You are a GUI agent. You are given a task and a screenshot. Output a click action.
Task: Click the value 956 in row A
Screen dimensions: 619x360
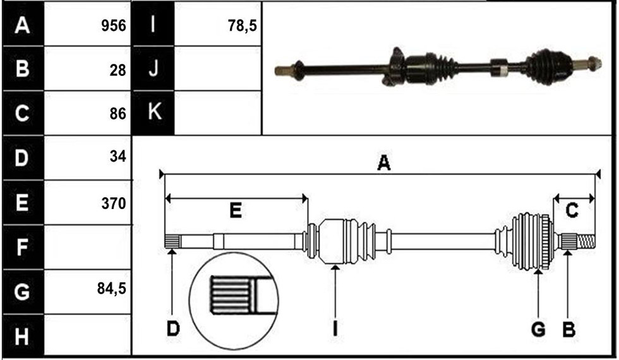[114, 26]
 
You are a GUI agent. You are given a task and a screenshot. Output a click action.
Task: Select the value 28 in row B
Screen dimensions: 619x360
[117, 70]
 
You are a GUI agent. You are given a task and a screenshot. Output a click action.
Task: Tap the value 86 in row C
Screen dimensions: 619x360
[117, 114]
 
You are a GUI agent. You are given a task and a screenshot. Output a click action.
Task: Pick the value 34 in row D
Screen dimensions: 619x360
[117, 157]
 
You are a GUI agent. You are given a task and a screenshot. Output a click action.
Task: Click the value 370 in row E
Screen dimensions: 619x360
[114, 203]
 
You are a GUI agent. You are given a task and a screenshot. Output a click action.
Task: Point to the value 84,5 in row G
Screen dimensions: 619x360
[112, 289]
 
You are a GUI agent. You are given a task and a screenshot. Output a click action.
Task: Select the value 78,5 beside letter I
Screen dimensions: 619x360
[243, 26]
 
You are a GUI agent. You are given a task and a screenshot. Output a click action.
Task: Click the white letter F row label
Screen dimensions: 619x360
[22, 247]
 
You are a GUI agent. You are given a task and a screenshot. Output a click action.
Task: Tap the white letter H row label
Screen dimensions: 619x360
[22, 337]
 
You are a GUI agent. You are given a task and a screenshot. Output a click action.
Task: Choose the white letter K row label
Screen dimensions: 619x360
[154, 111]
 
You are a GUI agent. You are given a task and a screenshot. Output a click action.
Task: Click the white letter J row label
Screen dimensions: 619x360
[153, 68]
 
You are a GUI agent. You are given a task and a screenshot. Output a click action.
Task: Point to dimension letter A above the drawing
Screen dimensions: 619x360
[384, 163]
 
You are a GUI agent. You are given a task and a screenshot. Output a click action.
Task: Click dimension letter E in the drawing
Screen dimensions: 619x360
[236, 210]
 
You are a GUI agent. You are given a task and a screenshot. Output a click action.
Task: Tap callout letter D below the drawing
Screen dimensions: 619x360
[173, 328]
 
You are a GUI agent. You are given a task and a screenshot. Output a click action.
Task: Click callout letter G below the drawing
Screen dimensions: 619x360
[538, 329]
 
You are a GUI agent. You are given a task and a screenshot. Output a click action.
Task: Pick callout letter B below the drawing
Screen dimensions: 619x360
[568, 329]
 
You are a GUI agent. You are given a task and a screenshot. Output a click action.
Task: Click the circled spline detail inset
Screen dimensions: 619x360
[234, 301]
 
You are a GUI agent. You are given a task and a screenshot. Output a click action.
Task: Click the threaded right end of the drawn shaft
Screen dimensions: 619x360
[586, 241]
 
